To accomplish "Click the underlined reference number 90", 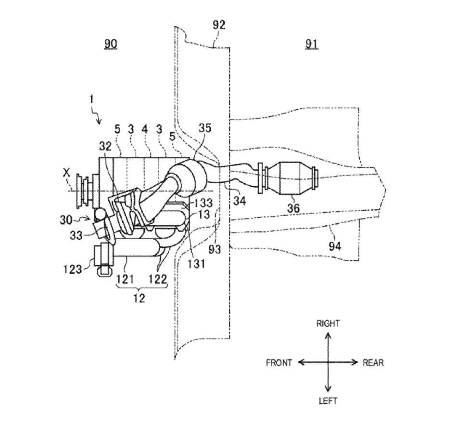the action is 110,44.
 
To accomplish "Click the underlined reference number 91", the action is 311,44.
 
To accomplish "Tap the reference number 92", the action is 219,25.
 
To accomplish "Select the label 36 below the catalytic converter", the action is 293,208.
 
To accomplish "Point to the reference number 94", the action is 335,246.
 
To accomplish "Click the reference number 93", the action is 215,249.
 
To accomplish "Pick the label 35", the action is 205,128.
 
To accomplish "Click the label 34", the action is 240,201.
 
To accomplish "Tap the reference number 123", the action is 72,269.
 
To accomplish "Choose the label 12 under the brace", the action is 139,298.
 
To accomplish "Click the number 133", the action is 203,203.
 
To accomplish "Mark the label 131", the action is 196,264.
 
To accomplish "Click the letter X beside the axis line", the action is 66,173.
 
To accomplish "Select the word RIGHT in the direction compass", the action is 328,323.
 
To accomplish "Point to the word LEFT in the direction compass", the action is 328,401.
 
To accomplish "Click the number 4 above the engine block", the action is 145,129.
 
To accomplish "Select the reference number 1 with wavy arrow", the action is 91,99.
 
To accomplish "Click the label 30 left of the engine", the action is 66,220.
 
